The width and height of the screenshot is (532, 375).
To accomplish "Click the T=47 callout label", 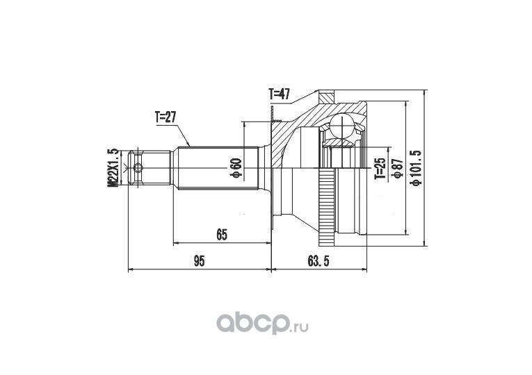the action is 279,94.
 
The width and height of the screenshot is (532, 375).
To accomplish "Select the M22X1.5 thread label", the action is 113,167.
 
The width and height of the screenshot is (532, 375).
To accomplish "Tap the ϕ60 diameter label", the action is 237,167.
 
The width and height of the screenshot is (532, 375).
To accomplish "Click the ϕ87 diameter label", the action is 397,168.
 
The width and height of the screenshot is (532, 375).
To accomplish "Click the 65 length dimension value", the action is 221,235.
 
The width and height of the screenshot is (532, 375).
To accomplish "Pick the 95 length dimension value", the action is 199,261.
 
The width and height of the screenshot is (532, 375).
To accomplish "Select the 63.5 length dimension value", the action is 319,261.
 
